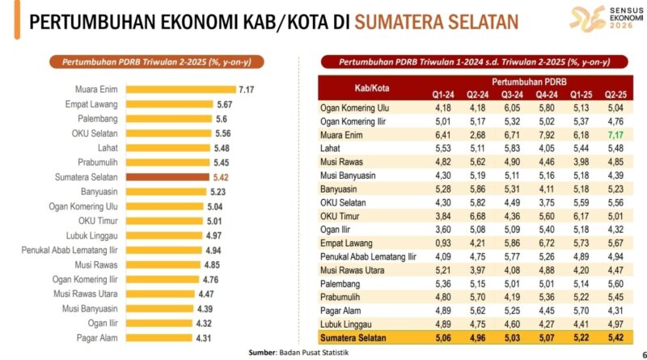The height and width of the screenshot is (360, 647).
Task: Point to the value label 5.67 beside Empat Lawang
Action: tap(225, 104)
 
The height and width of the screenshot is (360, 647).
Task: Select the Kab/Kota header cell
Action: tap(370, 87)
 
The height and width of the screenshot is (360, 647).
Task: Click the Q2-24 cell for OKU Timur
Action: tap(477, 216)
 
